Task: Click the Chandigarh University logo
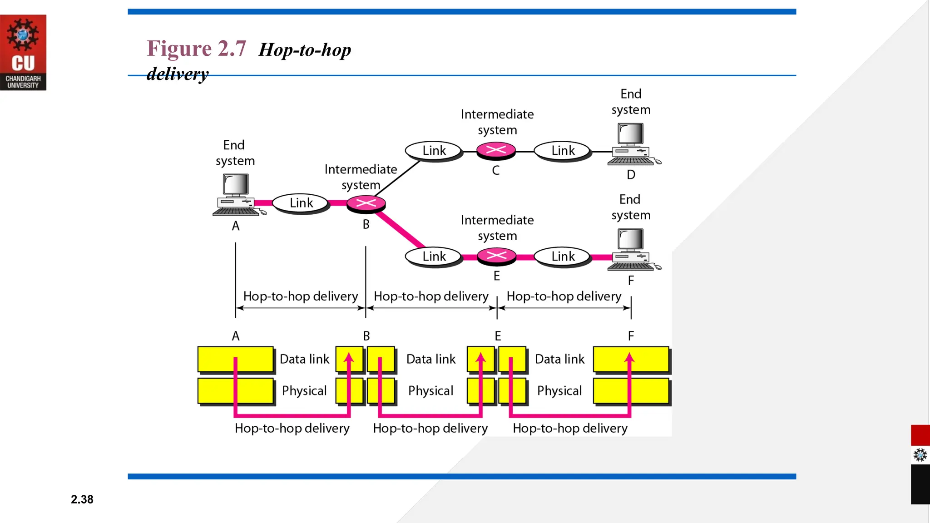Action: click(23, 52)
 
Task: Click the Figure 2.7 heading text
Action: click(196, 49)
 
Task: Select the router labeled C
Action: click(496, 150)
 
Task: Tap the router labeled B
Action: click(366, 204)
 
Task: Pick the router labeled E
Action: click(496, 256)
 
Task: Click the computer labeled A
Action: click(236, 195)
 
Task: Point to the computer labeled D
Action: click(631, 144)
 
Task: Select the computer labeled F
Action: click(631, 250)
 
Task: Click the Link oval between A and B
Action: click(301, 203)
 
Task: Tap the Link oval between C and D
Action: click(563, 151)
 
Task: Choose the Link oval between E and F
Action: click(563, 257)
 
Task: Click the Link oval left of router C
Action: click(434, 151)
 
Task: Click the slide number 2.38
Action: click(82, 499)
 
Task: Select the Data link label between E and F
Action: click(559, 359)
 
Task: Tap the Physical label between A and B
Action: click(304, 391)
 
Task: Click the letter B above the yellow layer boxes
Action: click(366, 336)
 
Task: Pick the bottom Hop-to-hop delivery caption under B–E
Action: click(430, 428)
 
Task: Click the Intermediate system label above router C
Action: click(497, 122)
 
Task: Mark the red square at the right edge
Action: click(920, 435)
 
